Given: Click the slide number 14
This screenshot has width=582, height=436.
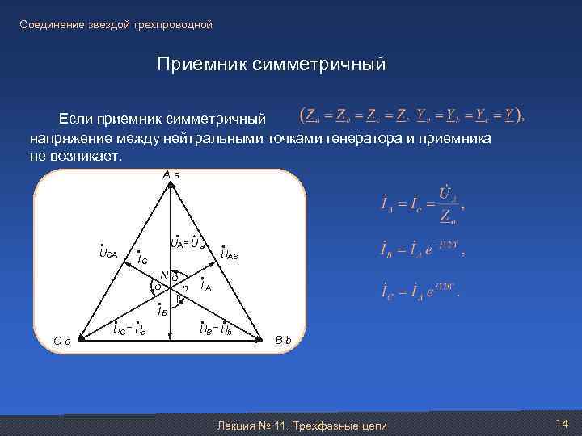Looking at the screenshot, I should point(563,425).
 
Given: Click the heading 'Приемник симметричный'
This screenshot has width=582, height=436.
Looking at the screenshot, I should point(272,63).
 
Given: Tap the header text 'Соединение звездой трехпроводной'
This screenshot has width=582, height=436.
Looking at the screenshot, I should point(116,25).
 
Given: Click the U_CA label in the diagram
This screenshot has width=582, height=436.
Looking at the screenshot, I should point(108,254).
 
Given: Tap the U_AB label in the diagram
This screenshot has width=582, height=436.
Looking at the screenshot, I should point(230,254).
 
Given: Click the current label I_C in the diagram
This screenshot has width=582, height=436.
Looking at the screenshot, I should point(141,259).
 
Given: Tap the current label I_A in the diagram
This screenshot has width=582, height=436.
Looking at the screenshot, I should point(205,286).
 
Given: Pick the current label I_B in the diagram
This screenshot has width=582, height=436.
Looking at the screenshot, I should point(163,308).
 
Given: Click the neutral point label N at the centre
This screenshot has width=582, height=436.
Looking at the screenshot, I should point(163,275).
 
